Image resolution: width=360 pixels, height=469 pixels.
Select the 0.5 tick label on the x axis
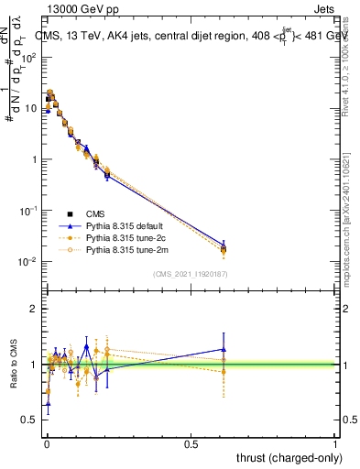click(x=191, y=442)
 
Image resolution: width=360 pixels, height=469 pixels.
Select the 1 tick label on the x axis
click(x=335, y=442)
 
